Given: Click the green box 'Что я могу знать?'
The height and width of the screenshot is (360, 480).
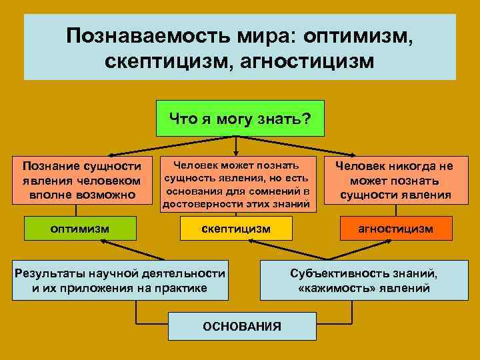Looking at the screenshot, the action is (x=239, y=119).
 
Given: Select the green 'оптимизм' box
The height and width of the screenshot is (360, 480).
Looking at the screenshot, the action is (x=81, y=229).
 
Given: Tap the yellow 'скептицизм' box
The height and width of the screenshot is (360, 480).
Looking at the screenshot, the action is (x=237, y=229).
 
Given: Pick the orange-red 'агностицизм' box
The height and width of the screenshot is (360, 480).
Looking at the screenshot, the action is (x=396, y=229).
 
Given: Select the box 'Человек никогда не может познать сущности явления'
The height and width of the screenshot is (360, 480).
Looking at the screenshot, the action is (x=395, y=180).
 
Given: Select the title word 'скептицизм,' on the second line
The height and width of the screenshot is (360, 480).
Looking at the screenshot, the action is (x=165, y=61).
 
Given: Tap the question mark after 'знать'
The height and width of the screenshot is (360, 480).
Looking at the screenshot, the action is (x=307, y=119).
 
